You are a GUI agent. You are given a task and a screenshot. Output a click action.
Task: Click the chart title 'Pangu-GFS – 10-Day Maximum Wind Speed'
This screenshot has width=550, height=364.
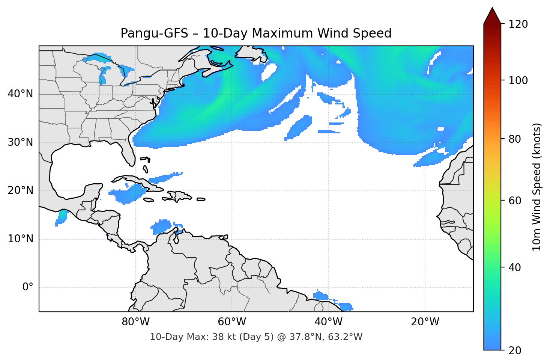(256, 33)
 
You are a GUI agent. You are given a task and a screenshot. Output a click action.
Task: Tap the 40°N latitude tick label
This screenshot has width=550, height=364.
(20, 94)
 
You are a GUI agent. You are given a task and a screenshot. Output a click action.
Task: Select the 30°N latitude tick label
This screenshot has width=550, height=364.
(20, 142)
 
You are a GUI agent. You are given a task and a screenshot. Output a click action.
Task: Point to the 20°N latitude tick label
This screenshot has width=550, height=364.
(20, 190)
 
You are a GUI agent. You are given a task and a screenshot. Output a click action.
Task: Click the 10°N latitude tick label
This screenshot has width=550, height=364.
(20, 239)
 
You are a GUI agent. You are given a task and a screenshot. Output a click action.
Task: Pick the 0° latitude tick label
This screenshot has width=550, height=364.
(27, 287)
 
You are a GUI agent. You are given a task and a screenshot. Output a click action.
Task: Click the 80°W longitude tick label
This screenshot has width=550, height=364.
(135, 322)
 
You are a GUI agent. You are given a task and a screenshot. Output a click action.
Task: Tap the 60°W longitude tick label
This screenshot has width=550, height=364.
(232, 322)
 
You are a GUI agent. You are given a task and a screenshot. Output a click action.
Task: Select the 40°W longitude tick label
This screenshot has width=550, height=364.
(328, 322)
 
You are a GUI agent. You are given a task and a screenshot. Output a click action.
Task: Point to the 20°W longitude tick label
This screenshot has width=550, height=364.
(425, 322)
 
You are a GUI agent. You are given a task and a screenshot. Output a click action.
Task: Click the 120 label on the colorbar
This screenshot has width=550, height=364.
(518, 24)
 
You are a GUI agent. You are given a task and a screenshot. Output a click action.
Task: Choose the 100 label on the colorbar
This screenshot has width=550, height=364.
(518, 80)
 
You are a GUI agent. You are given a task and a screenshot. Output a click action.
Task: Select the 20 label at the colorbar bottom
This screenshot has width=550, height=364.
(515, 350)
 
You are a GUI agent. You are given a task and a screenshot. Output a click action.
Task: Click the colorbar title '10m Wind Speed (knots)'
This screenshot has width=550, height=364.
(537, 187)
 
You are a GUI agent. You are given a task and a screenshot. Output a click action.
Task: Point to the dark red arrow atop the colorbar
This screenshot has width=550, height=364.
(492, 16)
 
